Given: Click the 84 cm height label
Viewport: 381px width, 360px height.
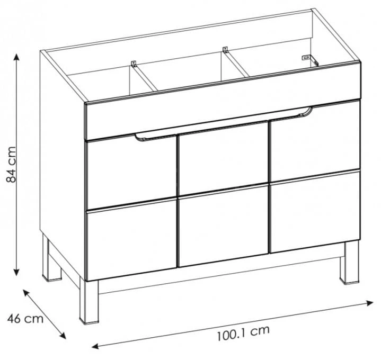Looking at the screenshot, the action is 12,164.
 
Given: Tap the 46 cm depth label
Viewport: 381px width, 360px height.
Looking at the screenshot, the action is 25,319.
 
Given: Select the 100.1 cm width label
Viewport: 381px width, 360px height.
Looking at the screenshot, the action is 243,333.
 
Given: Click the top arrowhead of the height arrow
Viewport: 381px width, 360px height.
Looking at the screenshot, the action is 16,57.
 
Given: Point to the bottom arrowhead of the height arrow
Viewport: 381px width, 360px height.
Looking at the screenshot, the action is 16,272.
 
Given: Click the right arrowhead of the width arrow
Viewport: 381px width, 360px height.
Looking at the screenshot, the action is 369,302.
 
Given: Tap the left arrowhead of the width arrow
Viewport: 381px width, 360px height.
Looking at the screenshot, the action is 95,346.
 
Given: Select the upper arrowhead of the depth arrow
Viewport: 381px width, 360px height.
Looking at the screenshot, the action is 26,293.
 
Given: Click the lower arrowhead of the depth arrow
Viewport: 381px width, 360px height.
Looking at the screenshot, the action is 63,335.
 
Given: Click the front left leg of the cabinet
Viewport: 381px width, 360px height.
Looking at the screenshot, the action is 89,302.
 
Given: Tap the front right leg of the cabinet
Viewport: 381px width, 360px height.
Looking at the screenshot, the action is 349,263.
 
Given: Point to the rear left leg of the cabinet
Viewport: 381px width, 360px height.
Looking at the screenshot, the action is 51,258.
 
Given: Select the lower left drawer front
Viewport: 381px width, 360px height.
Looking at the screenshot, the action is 131,239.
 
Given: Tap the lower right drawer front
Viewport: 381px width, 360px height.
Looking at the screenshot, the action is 315,212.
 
